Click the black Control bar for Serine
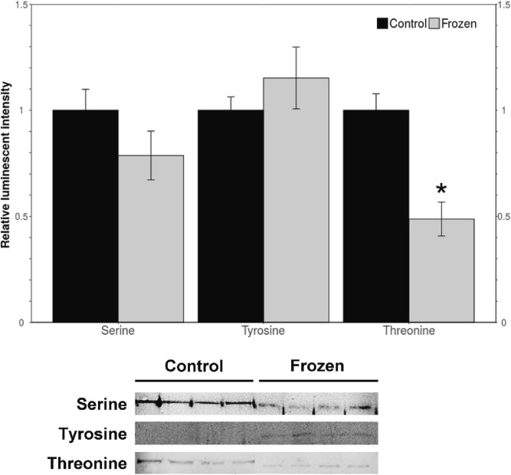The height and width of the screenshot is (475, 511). coord(85,215)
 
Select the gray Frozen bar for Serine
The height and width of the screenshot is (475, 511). coord(151,238)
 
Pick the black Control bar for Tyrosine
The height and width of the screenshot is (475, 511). coord(231,215)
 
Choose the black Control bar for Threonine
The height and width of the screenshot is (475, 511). coord(375,215)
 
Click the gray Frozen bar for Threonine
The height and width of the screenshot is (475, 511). coord(441,270)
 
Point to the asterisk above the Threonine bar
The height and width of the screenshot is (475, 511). coord(441,189)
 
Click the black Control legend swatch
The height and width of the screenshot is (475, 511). coord(382,24)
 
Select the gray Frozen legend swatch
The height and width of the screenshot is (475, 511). coord(434,24)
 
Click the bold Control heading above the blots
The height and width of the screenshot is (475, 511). coord(194,365)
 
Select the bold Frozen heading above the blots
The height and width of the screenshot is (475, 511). coord(317,365)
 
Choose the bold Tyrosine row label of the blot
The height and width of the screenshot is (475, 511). coord(93,433)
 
